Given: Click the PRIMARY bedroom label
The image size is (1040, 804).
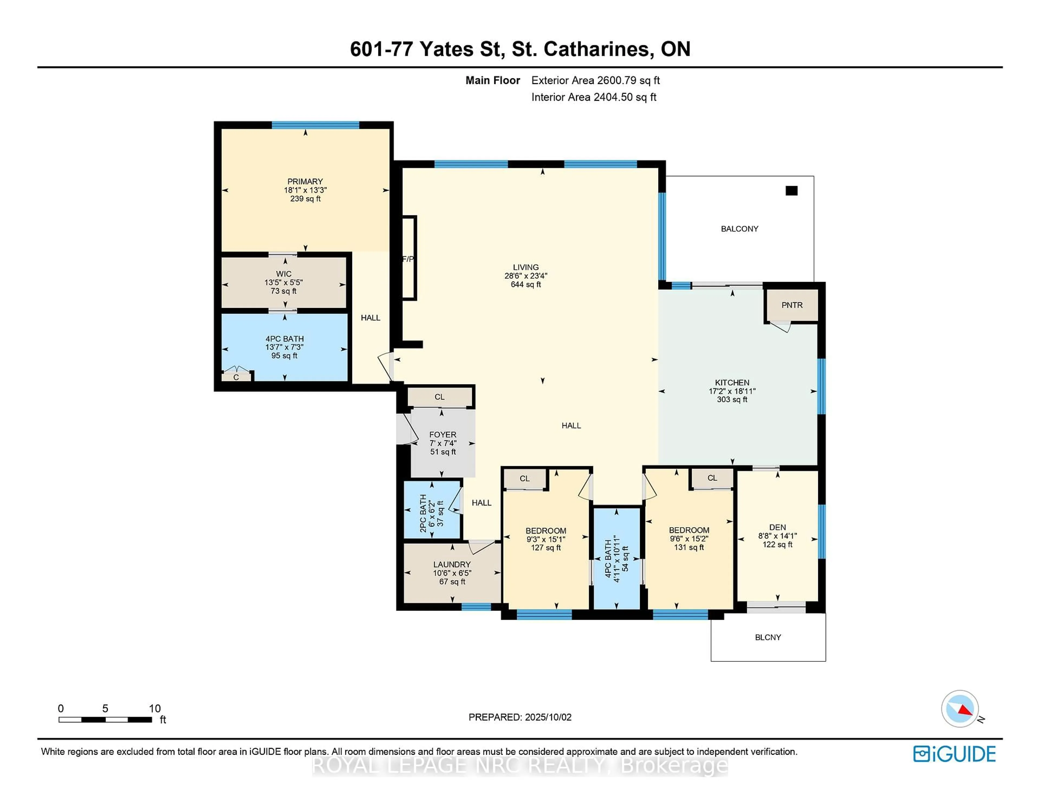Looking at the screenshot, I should point(305,181).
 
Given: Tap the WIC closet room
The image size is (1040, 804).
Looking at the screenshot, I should point(284,283).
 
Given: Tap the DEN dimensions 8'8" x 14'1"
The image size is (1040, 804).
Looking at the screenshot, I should point(777,536).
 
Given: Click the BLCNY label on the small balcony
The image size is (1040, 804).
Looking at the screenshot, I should point(768,637).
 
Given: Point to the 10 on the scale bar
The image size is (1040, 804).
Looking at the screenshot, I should point(155,708).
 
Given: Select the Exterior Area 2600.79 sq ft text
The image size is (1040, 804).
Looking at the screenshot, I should point(595,80).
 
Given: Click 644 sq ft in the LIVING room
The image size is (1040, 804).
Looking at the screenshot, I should point(526,285).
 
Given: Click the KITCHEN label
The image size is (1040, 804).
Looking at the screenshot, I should point(732,382).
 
